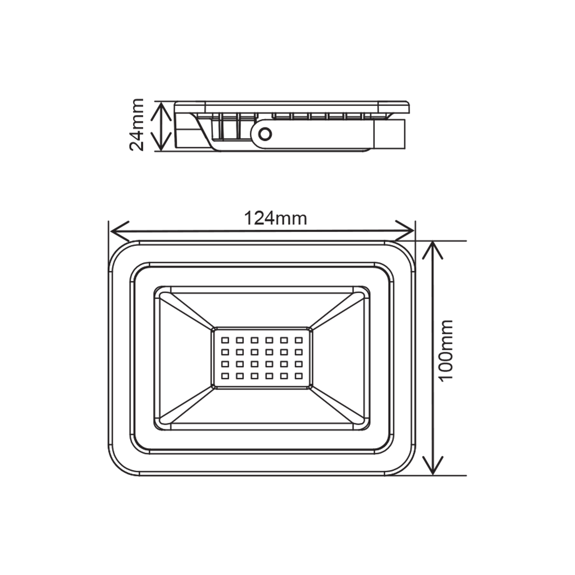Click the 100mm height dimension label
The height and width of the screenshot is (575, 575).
click(447, 354)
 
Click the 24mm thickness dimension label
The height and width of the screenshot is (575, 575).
click(137, 124)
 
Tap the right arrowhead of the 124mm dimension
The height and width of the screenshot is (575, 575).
click(405, 230)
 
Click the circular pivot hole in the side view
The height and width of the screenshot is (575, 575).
click(264, 133)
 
